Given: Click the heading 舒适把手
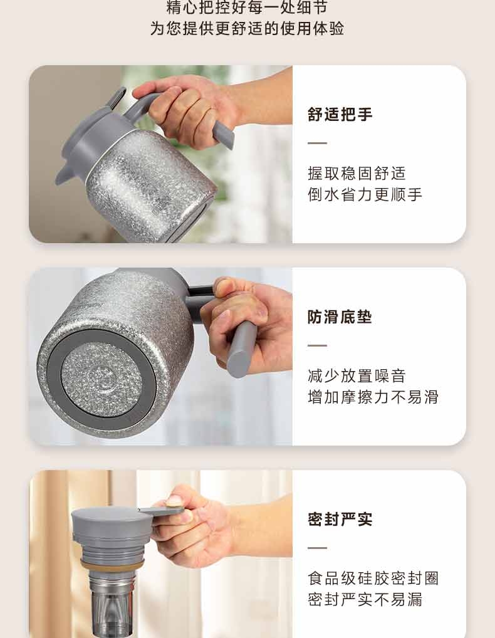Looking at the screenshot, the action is (x=340, y=114).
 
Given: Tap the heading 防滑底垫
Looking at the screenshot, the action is (x=340, y=317).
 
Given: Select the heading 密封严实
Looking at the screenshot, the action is (x=340, y=519).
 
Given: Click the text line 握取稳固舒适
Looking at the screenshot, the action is (x=357, y=174).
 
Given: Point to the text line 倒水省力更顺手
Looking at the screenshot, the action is (x=365, y=194).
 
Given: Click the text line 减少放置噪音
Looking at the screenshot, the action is (x=357, y=375).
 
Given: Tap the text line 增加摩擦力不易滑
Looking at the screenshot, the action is (x=373, y=397).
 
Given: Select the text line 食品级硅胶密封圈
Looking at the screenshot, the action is (x=373, y=578).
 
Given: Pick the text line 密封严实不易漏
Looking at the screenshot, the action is (x=365, y=599).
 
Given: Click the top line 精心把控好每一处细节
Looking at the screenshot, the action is (x=247, y=7).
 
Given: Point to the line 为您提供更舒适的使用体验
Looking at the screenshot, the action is (x=247, y=28).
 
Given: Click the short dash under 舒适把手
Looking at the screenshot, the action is (x=317, y=144).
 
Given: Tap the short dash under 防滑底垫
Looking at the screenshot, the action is (x=317, y=345).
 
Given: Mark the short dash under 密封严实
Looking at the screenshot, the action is (x=317, y=548).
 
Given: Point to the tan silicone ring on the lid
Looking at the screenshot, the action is (x=112, y=565).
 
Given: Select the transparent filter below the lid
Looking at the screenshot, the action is (x=112, y=606).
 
